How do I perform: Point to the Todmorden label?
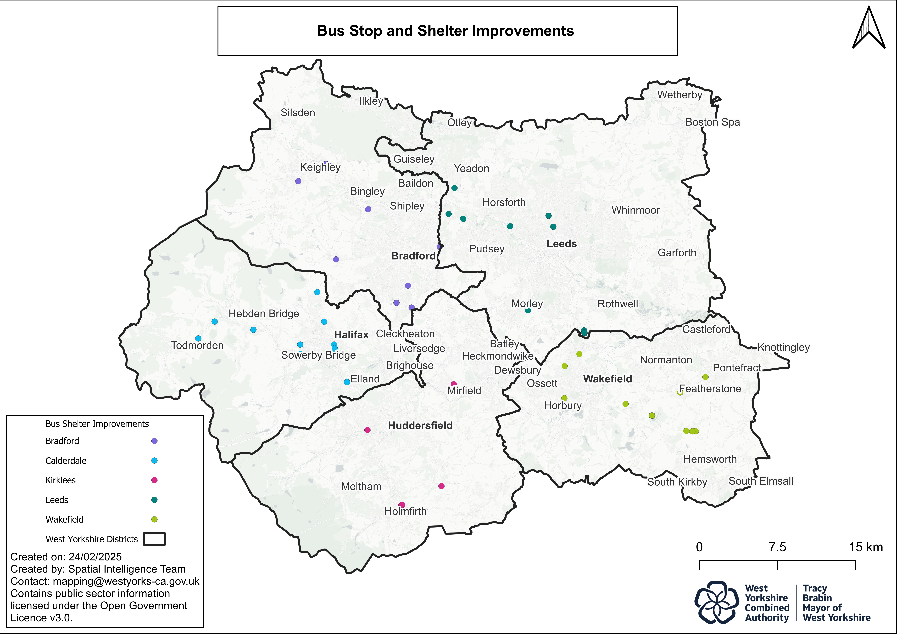197,345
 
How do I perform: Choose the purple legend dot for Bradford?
154,441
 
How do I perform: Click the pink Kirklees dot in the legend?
154,480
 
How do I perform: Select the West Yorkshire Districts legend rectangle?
154,539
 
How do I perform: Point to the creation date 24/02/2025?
95,557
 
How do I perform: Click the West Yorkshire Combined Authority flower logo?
716,602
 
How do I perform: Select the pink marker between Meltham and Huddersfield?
367,430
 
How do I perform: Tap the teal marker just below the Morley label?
528,311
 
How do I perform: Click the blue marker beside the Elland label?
347,382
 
